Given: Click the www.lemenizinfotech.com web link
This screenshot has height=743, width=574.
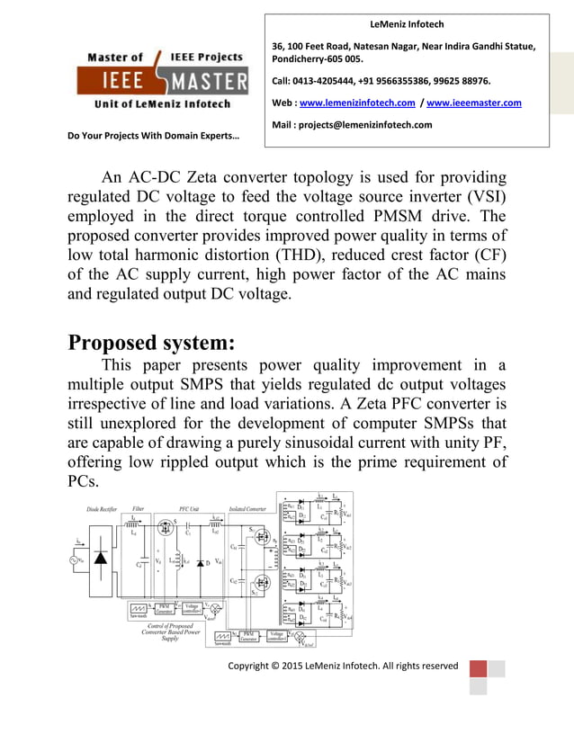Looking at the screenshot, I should [357, 103].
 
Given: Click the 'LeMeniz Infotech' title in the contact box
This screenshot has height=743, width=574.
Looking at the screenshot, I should [407, 24].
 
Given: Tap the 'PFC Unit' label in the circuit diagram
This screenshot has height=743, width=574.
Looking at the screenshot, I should [189, 509].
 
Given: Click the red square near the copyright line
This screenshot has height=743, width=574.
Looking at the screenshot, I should [478, 669].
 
